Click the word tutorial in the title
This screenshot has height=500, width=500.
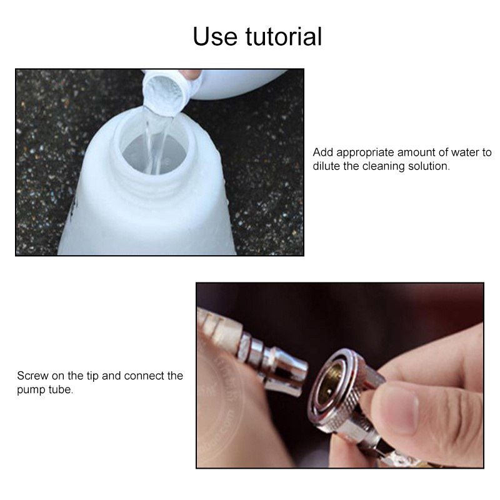[286, 37]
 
